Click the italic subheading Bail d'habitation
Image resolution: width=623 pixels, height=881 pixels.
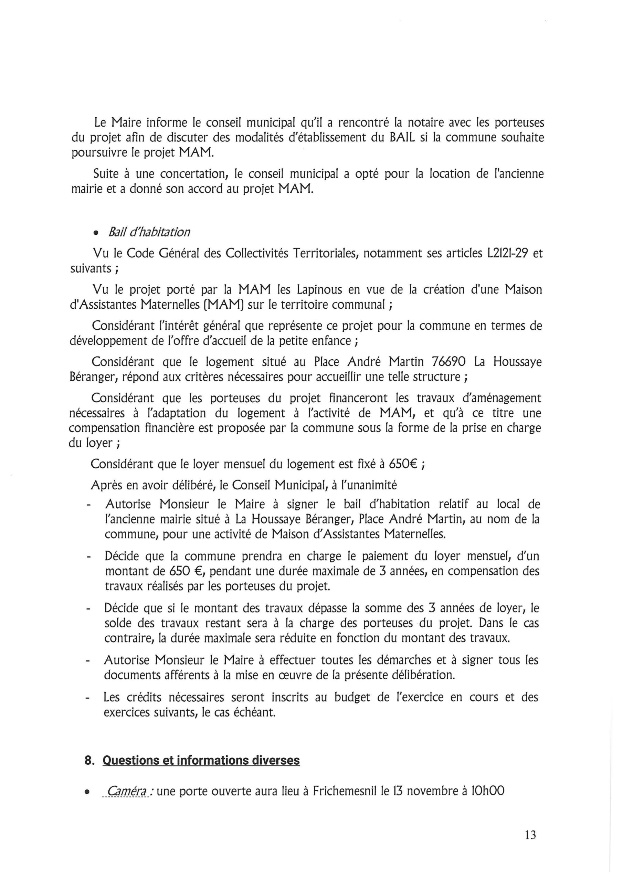149,232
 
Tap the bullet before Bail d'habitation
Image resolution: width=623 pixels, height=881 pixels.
97,233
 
